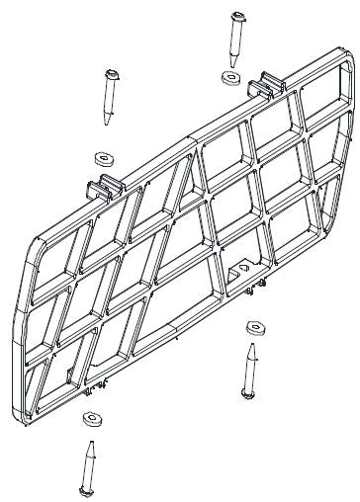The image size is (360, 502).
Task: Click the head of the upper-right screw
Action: click(238, 16)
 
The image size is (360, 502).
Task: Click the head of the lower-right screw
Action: click(247, 393)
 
